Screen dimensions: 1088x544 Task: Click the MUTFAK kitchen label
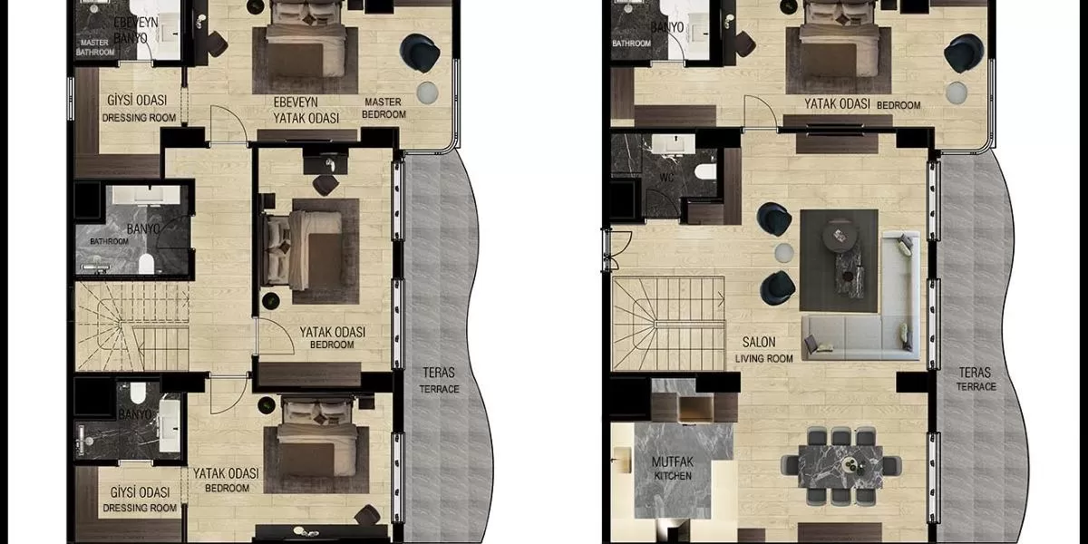673,461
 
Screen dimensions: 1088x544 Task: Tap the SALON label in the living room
759,342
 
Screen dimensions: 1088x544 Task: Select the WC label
666,178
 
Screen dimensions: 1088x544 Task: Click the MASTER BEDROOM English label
384,108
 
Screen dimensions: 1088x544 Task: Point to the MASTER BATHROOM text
95,47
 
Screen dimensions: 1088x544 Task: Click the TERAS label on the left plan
439,373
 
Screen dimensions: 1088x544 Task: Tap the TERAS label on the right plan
975,373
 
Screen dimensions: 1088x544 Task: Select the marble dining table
840,467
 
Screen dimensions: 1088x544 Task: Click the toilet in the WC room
705,171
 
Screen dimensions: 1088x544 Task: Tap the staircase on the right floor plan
669,323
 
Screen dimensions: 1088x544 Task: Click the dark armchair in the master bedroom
420,53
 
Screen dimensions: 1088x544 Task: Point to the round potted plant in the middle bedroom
270,301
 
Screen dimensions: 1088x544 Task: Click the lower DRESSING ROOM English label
140,508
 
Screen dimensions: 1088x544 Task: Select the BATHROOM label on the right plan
631,44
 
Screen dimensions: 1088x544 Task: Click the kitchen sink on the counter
621,460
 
